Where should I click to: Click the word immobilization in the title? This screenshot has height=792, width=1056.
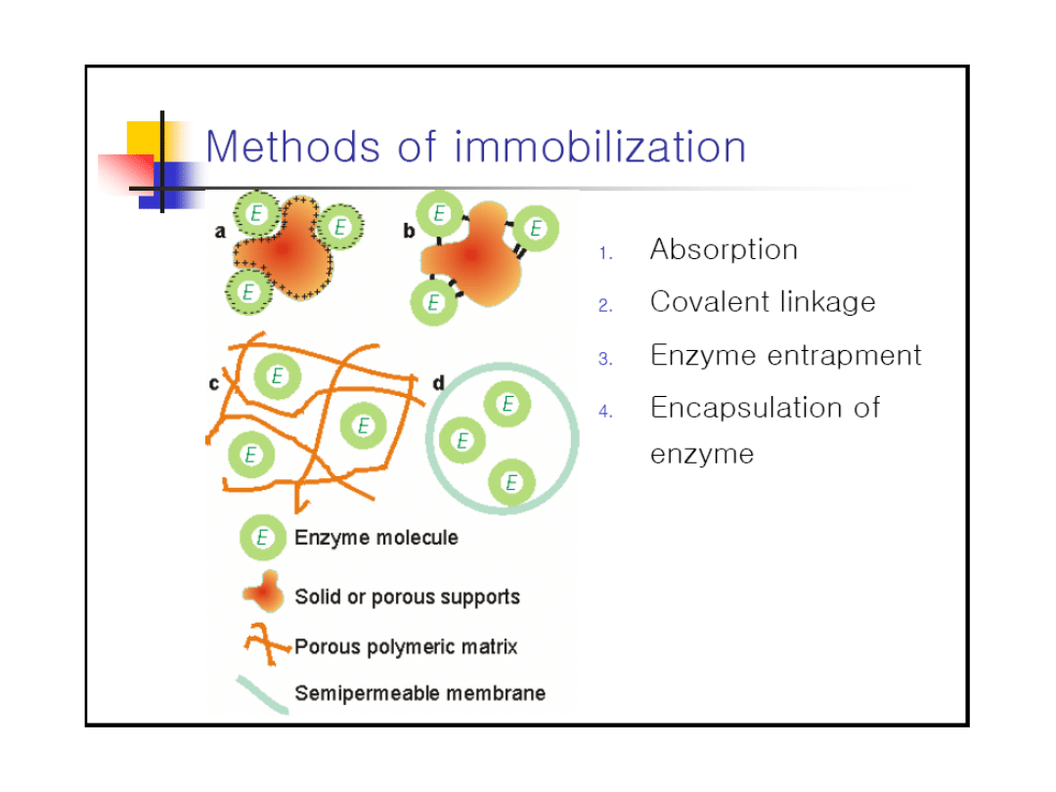click(x=600, y=147)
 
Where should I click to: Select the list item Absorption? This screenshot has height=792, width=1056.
click(x=724, y=249)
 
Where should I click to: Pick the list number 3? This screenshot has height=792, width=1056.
click(x=605, y=359)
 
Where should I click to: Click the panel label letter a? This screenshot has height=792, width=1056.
click(x=220, y=232)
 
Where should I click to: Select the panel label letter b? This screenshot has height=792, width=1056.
click(x=409, y=231)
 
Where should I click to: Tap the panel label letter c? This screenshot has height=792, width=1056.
click(x=214, y=383)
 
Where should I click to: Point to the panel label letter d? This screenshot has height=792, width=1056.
click(x=438, y=383)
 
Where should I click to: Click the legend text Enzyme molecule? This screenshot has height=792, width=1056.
click(x=376, y=538)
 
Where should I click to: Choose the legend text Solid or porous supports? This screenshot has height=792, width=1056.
click(x=407, y=596)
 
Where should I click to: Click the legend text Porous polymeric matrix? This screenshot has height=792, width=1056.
click(x=406, y=646)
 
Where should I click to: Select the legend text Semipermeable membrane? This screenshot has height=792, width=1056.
click(x=419, y=693)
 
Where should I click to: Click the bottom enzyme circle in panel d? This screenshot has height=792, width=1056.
click(x=510, y=482)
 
